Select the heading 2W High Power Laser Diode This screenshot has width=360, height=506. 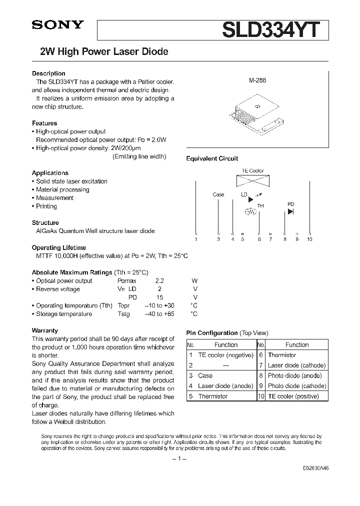[x=103, y=51]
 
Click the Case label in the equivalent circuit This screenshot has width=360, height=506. [x=218, y=194]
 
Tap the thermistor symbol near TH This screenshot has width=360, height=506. [x=250, y=211]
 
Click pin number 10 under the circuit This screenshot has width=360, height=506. [x=309, y=239]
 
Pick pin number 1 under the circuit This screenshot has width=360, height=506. [x=196, y=239]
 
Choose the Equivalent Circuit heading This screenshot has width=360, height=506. [x=212, y=158]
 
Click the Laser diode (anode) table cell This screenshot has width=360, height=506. [x=219, y=386]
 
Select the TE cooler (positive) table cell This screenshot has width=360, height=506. [x=292, y=396]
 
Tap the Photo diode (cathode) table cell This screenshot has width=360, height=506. [x=296, y=386]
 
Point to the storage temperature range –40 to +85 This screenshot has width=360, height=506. [x=159, y=314]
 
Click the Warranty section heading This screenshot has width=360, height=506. [x=45, y=330]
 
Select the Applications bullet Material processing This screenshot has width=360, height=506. [x=62, y=189]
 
